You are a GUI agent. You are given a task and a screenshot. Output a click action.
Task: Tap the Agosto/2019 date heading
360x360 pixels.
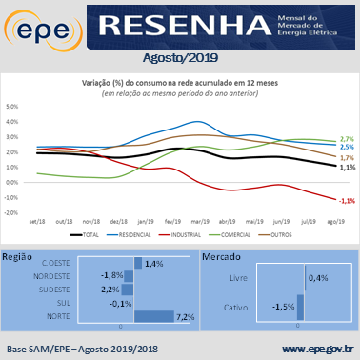coord(180,58)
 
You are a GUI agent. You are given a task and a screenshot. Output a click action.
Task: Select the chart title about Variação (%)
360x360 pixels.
coord(180,83)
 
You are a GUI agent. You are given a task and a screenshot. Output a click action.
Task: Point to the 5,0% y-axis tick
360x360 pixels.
coord(13,107)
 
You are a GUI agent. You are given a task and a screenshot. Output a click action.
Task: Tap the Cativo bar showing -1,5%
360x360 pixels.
coord(300,307)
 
